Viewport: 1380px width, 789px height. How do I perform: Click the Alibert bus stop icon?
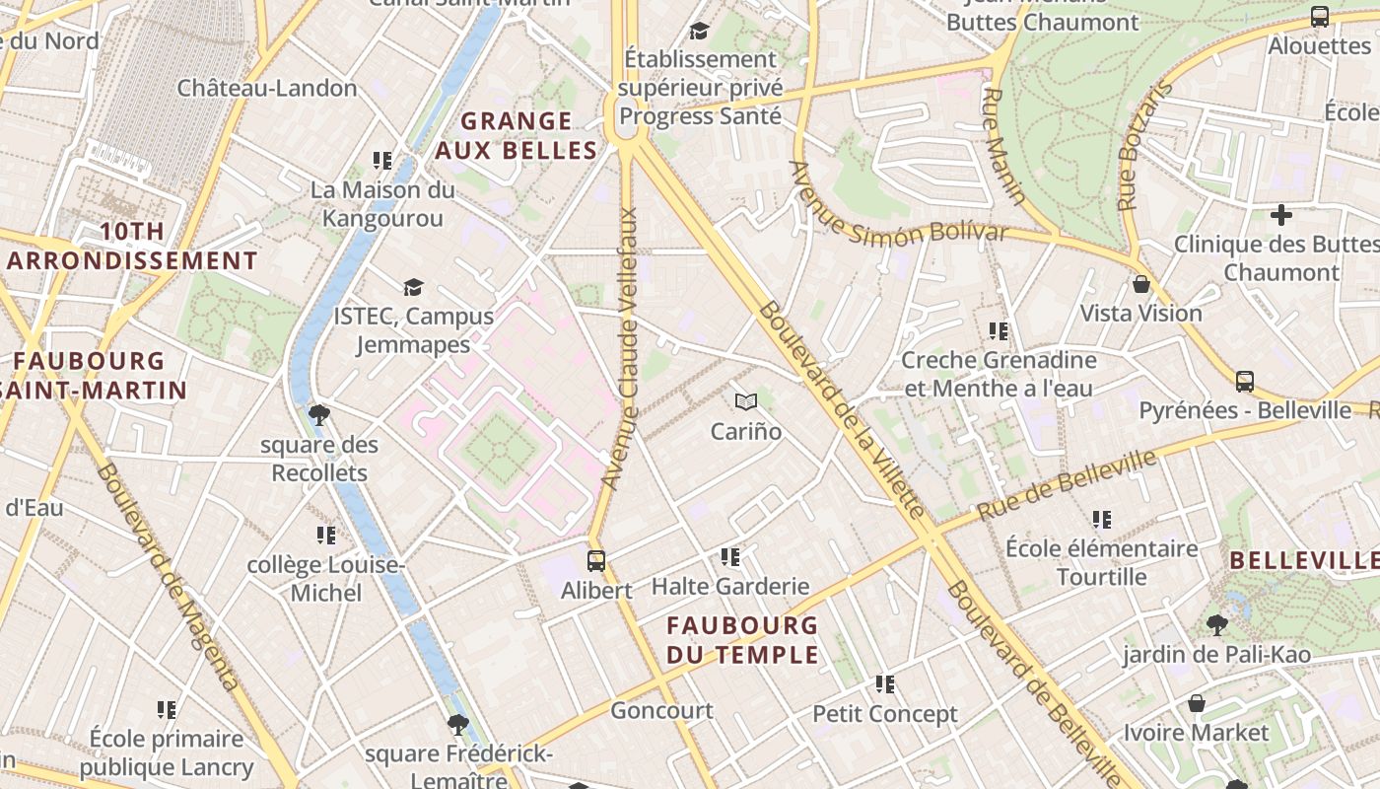click(x=596, y=561)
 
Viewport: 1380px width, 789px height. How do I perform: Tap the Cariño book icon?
click(x=746, y=401)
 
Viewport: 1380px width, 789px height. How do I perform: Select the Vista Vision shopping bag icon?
click(x=1141, y=284)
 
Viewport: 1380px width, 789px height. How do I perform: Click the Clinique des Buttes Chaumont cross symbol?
click(x=1280, y=214)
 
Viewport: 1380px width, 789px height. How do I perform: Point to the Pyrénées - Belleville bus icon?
click(x=1245, y=381)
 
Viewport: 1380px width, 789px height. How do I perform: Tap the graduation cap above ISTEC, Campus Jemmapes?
click(x=413, y=287)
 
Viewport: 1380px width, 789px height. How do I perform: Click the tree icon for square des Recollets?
click(x=318, y=414)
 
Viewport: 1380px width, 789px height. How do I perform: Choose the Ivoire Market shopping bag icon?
click(x=1196, y=703)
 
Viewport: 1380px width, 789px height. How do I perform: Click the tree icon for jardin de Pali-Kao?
click(x=1217, y=624)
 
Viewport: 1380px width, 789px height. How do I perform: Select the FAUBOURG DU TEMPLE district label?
click(x=742, y=639)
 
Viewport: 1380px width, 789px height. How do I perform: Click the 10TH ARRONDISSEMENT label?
click(x=132, y=246)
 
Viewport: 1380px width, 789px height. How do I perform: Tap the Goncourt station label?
click(x=661, y=710)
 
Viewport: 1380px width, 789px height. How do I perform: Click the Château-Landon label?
click(x=267, y=88)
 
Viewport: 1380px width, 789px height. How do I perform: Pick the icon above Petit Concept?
click(x=885, y=683)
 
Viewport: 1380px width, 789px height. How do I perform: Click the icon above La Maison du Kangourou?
click(x=382, y=160)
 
